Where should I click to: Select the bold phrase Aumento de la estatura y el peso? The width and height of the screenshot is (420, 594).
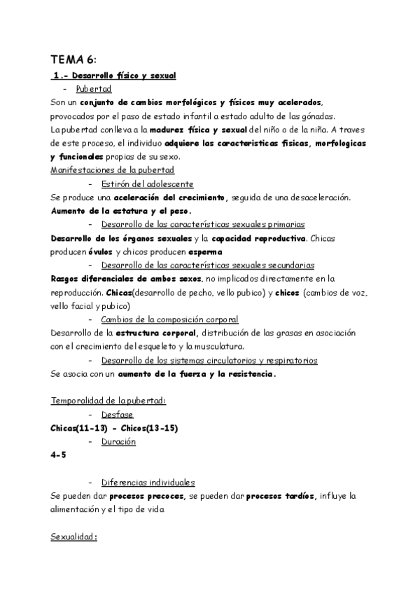pyautogui.click(x=121, y=211)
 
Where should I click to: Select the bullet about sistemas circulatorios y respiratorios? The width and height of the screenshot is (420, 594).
pyautogui.click(x=209, y=360)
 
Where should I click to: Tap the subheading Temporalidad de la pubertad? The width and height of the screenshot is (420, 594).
pyautogui.click(x=108, y=401)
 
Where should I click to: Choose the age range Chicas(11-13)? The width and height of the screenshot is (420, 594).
pyautogui.click(x=78, y=428)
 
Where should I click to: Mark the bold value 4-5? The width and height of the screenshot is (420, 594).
pyautogui.click(x=59, y=455)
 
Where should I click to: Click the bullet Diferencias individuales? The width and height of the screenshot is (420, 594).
pyautogui.click(x=148, y=483)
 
